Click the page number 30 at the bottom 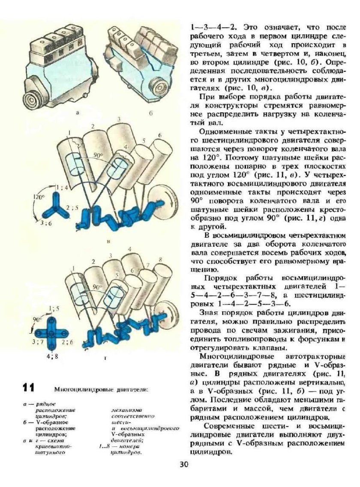[x=184, y=464]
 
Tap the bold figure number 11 [x=28, y=388]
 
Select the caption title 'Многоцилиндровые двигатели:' [x=101, y=390]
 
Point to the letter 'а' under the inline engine [x=77, y=113]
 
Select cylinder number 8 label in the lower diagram [x=160, y=260]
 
